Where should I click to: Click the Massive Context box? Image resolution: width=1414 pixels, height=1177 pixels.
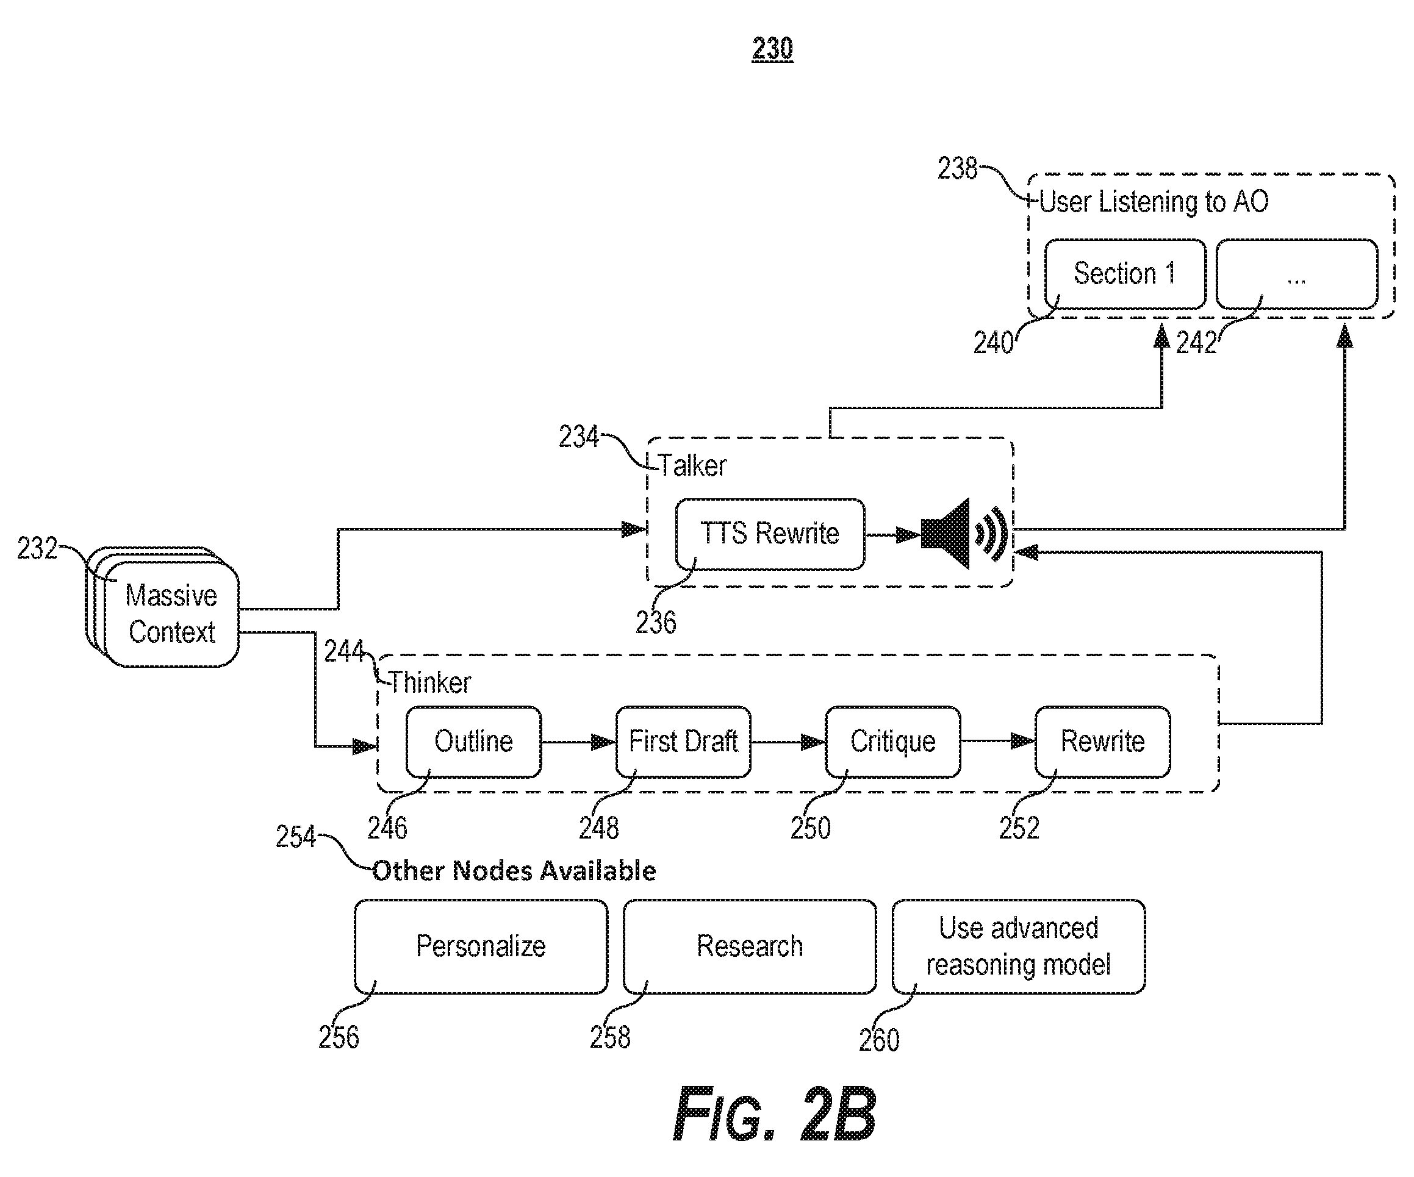[171, 614]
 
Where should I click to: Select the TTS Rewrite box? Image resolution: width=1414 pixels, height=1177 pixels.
[770, 534]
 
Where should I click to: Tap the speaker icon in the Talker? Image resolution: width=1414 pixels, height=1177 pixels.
[964, 534]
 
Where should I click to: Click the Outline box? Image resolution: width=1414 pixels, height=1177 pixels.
[473, 742]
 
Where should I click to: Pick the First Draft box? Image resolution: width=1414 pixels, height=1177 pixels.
[683, 742]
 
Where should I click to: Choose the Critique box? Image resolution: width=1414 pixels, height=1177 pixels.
[893, 742]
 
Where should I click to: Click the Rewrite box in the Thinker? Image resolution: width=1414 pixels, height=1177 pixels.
[1102, 742]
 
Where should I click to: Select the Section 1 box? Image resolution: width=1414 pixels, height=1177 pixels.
[1125, 274]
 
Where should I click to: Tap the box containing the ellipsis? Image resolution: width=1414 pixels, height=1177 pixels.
[1297, 274]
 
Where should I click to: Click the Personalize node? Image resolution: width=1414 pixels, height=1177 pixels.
[481, 946]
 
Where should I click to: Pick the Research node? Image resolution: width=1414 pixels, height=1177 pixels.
[750, 946]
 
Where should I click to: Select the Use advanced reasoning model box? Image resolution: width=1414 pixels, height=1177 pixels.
[1019, 946]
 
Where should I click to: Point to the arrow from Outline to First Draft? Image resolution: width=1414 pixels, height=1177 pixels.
[578, 742]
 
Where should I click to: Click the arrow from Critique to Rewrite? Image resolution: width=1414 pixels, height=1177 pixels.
[998, 742]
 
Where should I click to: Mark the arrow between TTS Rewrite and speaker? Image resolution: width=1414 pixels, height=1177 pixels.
[893, 535]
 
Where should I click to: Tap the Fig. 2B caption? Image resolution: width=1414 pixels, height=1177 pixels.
[775, 1114]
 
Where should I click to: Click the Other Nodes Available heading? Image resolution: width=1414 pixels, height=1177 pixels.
[514, 871]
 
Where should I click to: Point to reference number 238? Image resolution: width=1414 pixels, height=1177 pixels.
[957, 168]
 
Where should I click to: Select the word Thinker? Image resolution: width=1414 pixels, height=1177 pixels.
[429, 683]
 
